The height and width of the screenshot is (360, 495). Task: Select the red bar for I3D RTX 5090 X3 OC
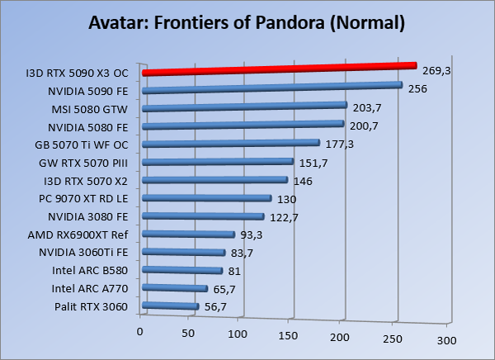coord(280,69)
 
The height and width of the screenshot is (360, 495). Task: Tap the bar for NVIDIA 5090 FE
coord(272,88)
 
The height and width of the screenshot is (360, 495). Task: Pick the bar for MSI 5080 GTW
coord(244,107)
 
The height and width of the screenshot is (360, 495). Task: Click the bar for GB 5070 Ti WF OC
coord(231,143)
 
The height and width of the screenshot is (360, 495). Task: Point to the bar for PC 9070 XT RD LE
coord(207,198)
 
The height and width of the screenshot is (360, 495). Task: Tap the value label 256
coord(417,88)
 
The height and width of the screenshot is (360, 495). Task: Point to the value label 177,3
coord(339,144)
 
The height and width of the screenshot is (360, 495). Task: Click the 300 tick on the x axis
coord(446,339)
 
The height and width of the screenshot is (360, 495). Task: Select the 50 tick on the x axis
coord(189,334)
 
